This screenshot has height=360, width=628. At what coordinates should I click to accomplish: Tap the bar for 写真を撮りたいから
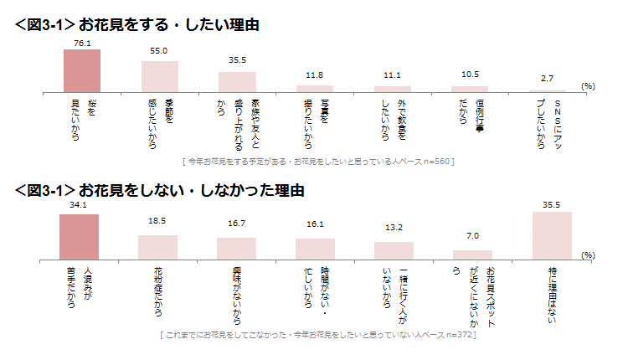coord(315,88)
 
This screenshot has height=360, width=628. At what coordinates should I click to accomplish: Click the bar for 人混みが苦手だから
coord(79,239)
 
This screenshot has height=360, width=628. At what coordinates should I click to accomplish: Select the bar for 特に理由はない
coord(552,237)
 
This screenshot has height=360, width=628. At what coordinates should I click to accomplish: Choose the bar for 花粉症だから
coord(157,248)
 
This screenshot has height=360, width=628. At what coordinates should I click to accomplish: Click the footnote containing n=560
coord(317,159)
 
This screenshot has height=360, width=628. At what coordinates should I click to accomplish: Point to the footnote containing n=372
coord(317,335)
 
